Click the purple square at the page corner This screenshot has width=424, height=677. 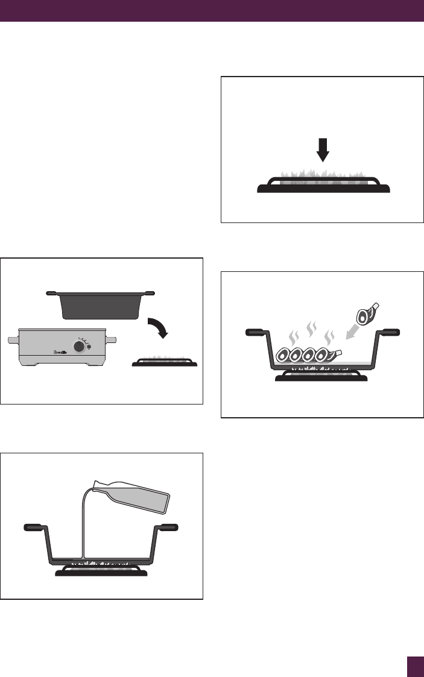415,667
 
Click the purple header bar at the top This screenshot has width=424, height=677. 212,10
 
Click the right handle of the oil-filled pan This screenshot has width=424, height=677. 167,527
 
